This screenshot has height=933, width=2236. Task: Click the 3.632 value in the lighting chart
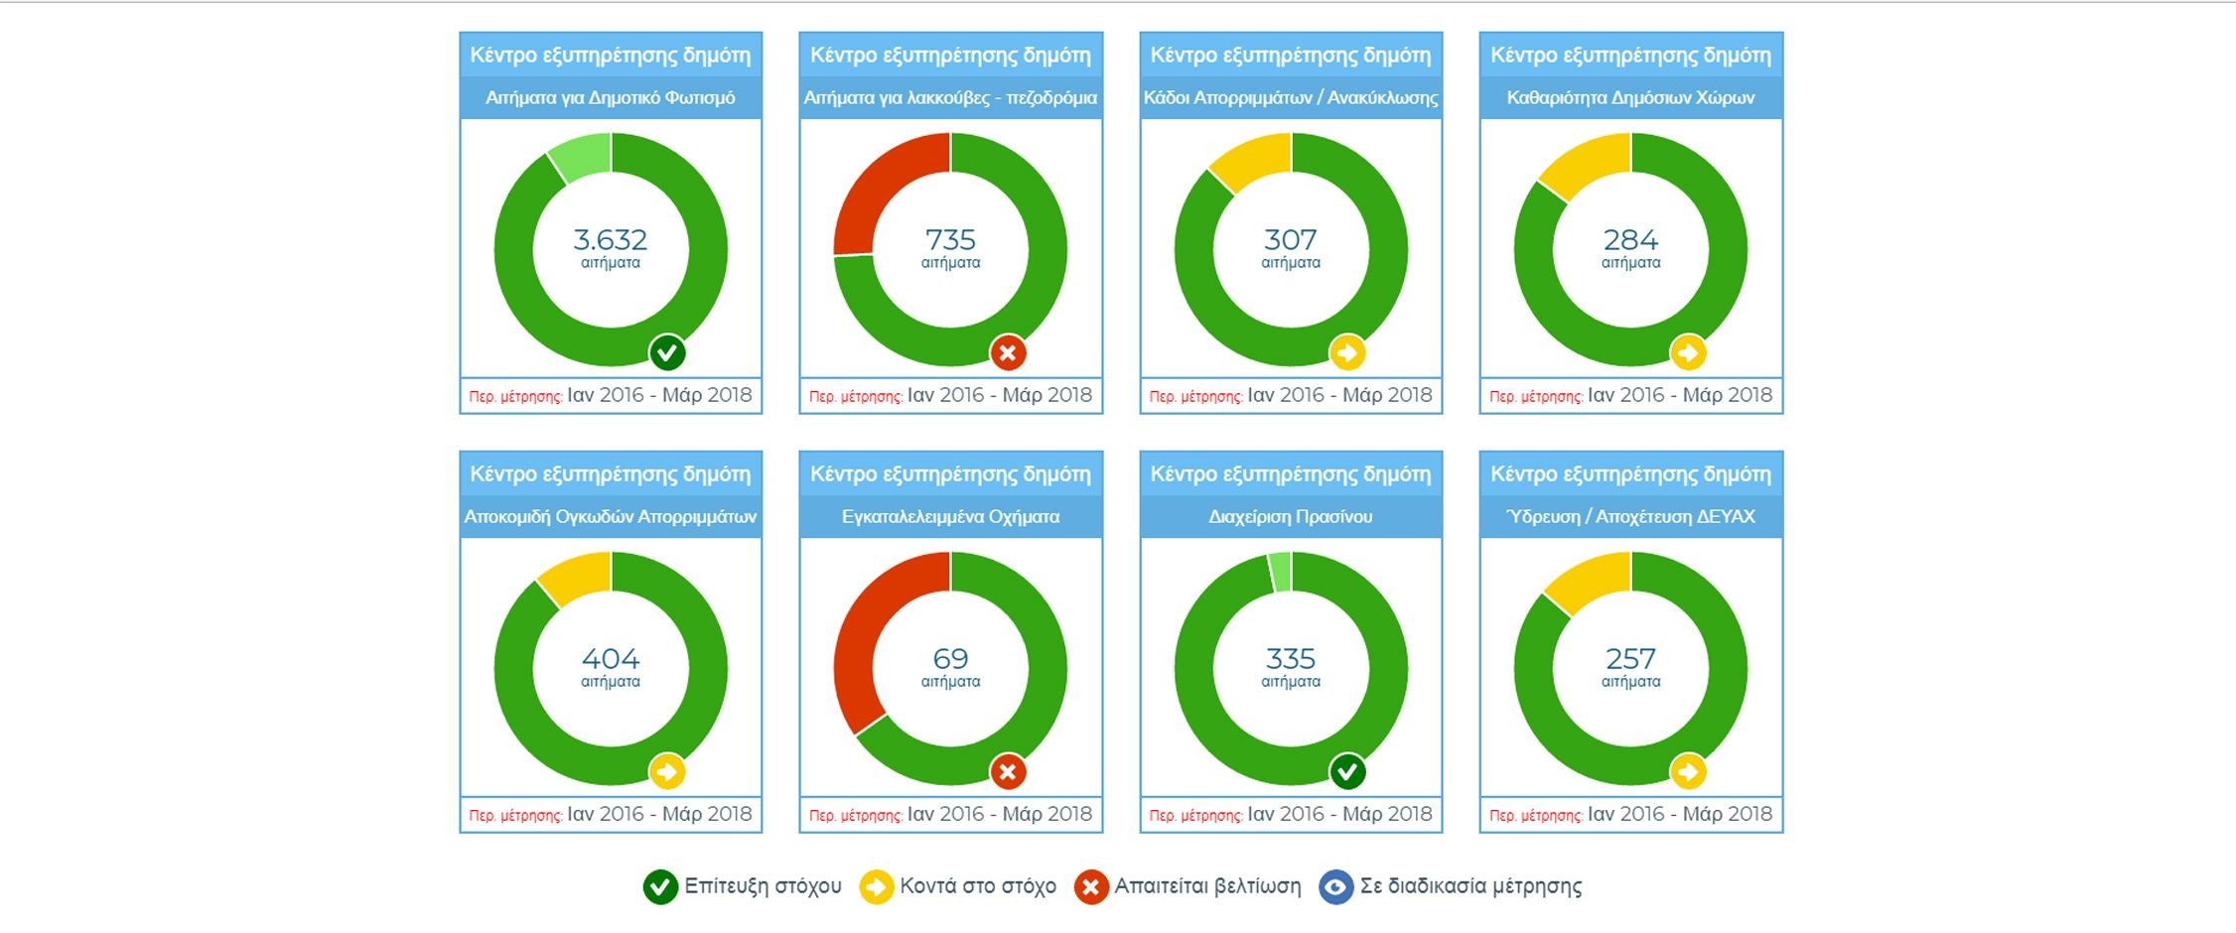tap(610, 240)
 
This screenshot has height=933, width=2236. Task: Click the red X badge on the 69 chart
tap(1008, 771)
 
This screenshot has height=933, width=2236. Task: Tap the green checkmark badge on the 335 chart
tap(1347, 771)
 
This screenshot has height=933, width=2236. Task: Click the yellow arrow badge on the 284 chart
tap(1688, 352)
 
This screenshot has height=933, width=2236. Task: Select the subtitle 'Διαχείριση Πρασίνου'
tap(1290, 517)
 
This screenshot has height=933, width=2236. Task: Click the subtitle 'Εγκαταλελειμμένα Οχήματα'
tap(950, 517)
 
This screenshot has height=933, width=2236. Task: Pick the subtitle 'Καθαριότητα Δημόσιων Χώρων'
tap(1630, 98)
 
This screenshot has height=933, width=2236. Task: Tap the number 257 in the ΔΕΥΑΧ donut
tap(1630, 659)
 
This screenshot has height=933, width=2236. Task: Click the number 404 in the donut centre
tap(610, 659)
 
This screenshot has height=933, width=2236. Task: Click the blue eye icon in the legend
tap(1335, 886)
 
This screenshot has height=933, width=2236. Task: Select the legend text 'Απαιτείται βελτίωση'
tap(1207, 886)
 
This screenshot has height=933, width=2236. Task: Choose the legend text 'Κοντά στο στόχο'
tap(977, 886)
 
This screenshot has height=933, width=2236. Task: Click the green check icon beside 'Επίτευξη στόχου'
tap(660, 886)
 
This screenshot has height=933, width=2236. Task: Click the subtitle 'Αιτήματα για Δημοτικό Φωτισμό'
tap(610, 98)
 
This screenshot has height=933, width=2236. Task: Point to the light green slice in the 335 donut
tap(1281, 572)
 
